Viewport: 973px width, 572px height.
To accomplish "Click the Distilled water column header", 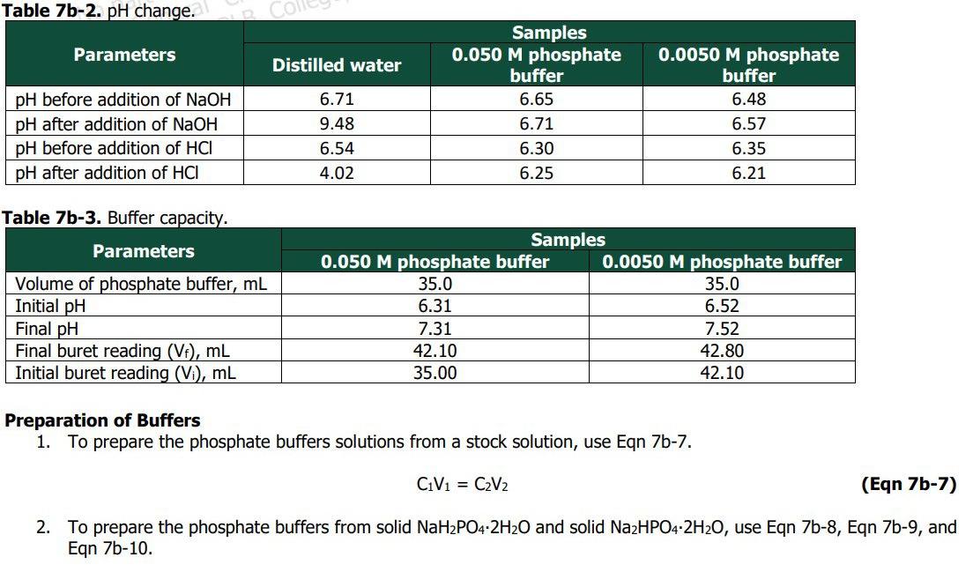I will [336, 65].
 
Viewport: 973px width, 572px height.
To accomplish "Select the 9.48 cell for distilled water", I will [336, 124].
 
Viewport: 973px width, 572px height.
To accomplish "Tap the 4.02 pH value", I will [336, 173].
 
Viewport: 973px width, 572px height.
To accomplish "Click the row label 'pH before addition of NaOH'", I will [123, 100].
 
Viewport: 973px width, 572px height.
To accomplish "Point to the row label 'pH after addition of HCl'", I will [107, 173].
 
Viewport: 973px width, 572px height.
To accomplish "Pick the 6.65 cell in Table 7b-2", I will [536, 100].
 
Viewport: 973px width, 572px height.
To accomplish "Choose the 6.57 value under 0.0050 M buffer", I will [748, 124].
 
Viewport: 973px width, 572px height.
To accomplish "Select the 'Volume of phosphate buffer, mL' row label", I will [141, 284].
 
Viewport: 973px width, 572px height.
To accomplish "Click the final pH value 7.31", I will [435, 328].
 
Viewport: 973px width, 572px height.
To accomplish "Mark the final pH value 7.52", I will [722, 328].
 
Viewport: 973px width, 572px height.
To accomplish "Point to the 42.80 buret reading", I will [722, 351].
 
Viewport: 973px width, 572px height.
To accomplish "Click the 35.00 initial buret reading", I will [435, 373].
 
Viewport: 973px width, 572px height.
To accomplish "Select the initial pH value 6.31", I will [435, 306].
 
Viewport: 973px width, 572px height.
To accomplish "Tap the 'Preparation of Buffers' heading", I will [102, 420].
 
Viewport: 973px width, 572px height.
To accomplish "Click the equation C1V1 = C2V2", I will [462, 485].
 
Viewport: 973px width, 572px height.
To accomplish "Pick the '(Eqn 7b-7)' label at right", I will [907, 485].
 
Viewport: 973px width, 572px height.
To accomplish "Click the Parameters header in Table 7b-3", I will [143, 251].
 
